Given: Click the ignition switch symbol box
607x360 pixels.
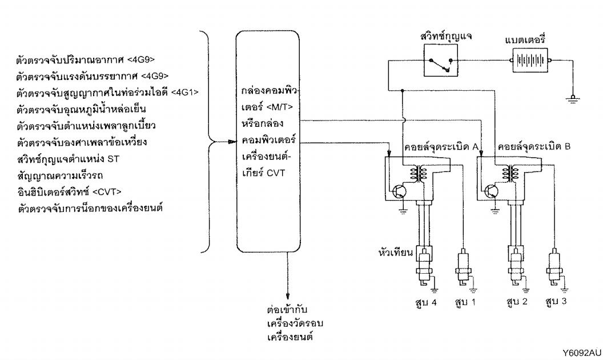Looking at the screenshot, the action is [x=440, y=60].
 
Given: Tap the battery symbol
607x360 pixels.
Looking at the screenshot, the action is [x=530, y=60].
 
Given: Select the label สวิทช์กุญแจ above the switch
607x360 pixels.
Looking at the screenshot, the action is [x=445, y=36].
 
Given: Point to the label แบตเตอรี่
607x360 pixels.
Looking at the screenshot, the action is [x=525, y=39].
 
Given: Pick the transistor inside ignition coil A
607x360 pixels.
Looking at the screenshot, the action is [x=399, y=191].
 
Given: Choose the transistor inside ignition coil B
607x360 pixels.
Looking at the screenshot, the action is [x=491, y=191].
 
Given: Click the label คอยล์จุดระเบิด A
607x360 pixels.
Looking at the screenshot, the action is [x=441, y=147].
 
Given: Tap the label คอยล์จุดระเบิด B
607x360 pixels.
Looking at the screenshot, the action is [x=534, y=147].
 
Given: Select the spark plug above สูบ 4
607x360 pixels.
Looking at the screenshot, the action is [x=425, y=268].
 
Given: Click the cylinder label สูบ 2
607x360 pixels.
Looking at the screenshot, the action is [x=517, y=301].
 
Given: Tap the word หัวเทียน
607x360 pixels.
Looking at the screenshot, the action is [x=396, y=253].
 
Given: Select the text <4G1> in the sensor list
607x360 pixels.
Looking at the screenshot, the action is [x=184, y=92].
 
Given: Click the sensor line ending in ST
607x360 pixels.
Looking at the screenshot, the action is [x=68, y=159].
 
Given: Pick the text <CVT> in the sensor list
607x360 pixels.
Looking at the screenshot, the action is [x=107, y=192].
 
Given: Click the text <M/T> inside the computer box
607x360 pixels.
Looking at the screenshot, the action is [x=280, y=107].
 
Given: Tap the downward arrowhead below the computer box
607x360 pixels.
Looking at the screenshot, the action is [x=287, y=294].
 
